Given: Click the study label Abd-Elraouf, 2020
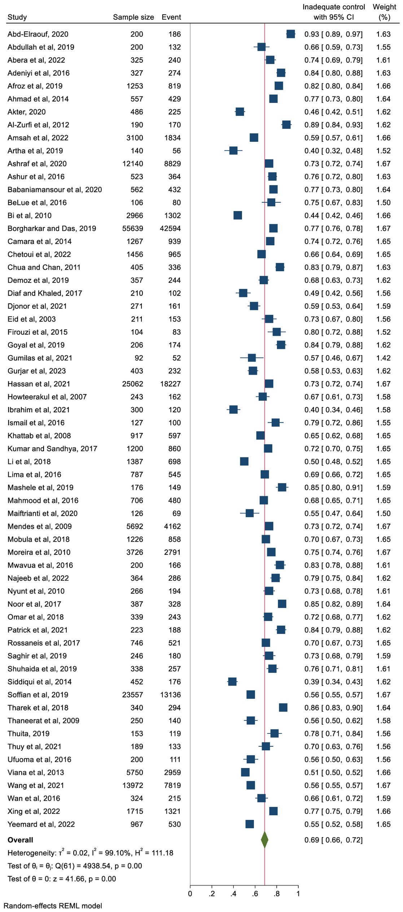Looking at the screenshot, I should point(38,34).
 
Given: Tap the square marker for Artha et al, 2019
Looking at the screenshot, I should point(233,151).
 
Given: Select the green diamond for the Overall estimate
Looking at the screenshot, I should point(264,840).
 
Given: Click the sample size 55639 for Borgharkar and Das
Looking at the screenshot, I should point(132,228).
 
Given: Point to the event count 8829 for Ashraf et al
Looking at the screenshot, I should point(172,164).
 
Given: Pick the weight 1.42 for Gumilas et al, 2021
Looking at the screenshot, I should point(383,358).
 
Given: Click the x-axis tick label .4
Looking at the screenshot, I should point(233,894).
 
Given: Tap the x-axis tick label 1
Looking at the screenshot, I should point(298,894).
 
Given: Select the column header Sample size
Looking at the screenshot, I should point(133,17).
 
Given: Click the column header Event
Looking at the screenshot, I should point(171,17).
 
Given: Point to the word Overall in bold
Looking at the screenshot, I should point(20,840).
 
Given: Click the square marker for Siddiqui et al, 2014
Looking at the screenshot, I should point(232,682).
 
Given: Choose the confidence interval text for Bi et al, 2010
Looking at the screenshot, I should point(333,215).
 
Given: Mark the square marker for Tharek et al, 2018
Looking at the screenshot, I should point(283,708).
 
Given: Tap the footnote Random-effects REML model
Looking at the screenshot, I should point(53,906).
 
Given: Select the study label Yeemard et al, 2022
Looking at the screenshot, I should point(41,824).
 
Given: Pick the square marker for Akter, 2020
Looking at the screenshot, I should point(240,112).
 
